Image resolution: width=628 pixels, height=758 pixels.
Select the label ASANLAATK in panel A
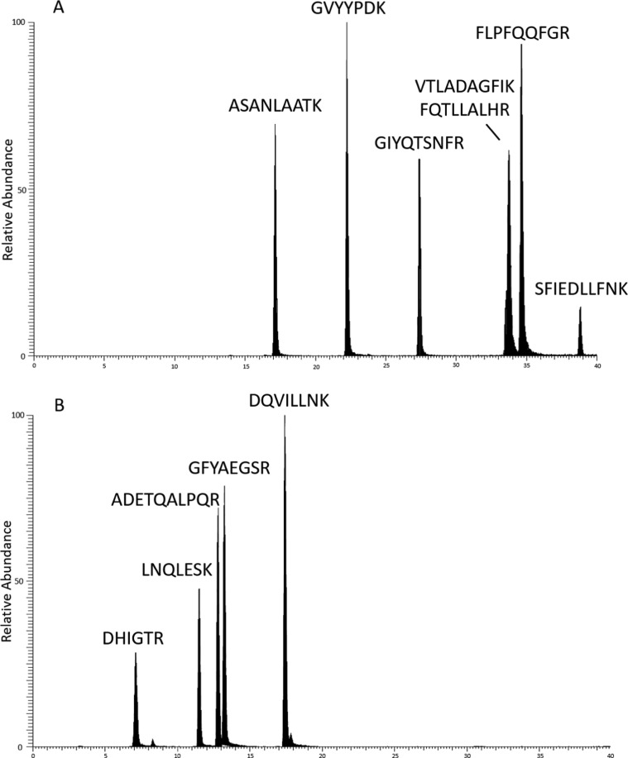[x=275, y=106]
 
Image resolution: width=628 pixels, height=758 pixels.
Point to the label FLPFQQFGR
[x=523, y=33]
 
